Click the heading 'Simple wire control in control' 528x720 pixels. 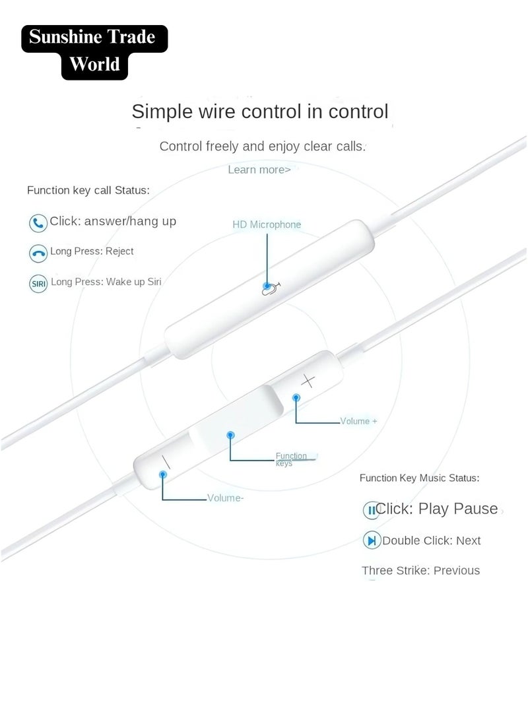pos(260,111)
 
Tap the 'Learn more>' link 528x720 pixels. pos(259,170)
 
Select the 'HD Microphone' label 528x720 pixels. pos(267,224)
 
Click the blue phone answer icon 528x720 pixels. pos(38,222)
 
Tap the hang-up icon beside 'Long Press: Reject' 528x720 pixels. pos(38,253)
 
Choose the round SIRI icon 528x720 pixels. pos(38,284)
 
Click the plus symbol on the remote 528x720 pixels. pos(309,380)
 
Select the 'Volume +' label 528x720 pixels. pos(358,421)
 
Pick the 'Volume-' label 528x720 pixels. pos(225,498)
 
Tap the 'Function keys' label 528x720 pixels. pos(291,459)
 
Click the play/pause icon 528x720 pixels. pos(372,509)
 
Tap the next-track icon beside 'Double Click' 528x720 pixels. pos(372,541)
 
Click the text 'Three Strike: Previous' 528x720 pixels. pos(420,571)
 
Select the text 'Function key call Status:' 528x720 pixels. pos(88,190)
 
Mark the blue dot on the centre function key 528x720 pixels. pos(230,435)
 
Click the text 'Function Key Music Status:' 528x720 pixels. pos(419,478)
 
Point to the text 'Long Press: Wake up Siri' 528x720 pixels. pos(106,282)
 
